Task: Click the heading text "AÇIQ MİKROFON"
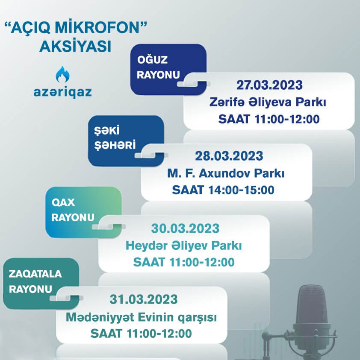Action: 75,29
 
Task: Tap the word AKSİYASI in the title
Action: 75,46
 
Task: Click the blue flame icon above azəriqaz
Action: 63,75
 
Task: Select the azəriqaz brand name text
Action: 63,92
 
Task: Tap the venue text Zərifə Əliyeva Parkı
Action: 269,102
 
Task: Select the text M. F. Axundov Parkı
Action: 226,173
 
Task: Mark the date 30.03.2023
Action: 185,228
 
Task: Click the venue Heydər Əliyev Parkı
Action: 184,246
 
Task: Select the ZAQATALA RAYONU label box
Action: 38,281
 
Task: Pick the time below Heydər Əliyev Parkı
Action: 184,262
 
